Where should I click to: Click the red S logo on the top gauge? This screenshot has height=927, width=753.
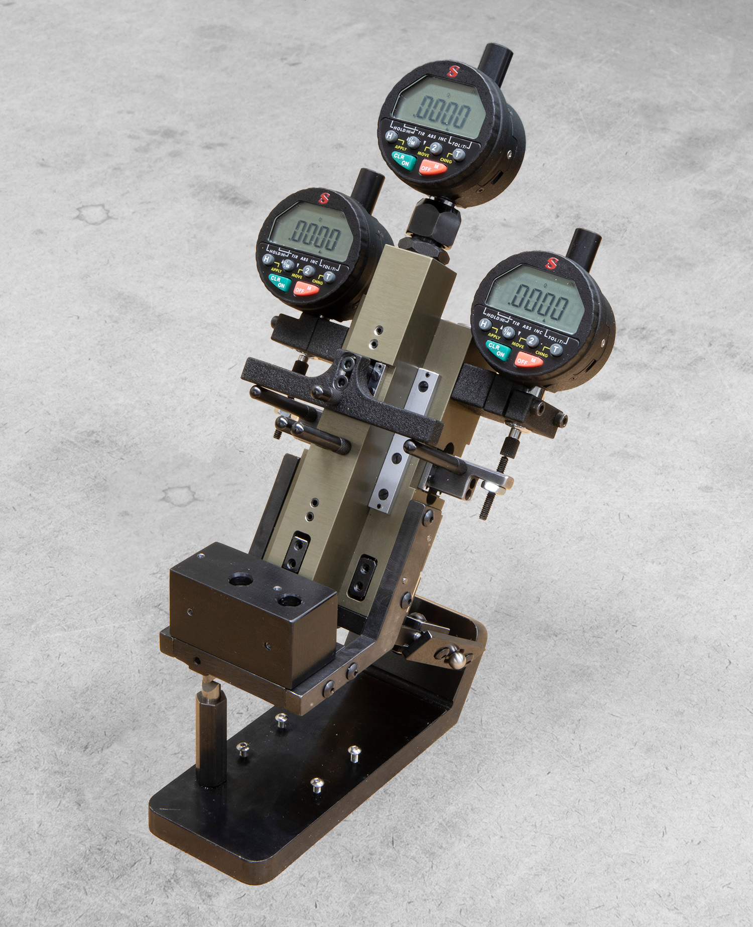[x=453, y=71]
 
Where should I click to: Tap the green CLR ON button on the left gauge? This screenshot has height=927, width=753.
[x=279, y=282]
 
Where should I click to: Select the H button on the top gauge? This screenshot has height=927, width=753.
[x=391, y=136]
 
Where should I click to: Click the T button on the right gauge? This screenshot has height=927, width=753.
[x=556, y=350]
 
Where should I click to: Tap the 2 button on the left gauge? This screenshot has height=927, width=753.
[x=308, y=270]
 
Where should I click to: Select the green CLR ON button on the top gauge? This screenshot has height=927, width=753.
[x=403, y=159]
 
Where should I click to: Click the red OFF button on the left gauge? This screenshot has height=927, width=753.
[x=306, y=288]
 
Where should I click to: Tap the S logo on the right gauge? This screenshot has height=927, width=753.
[x=552, y=263]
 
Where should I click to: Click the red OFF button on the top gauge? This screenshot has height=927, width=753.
[x=432, y=168]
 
